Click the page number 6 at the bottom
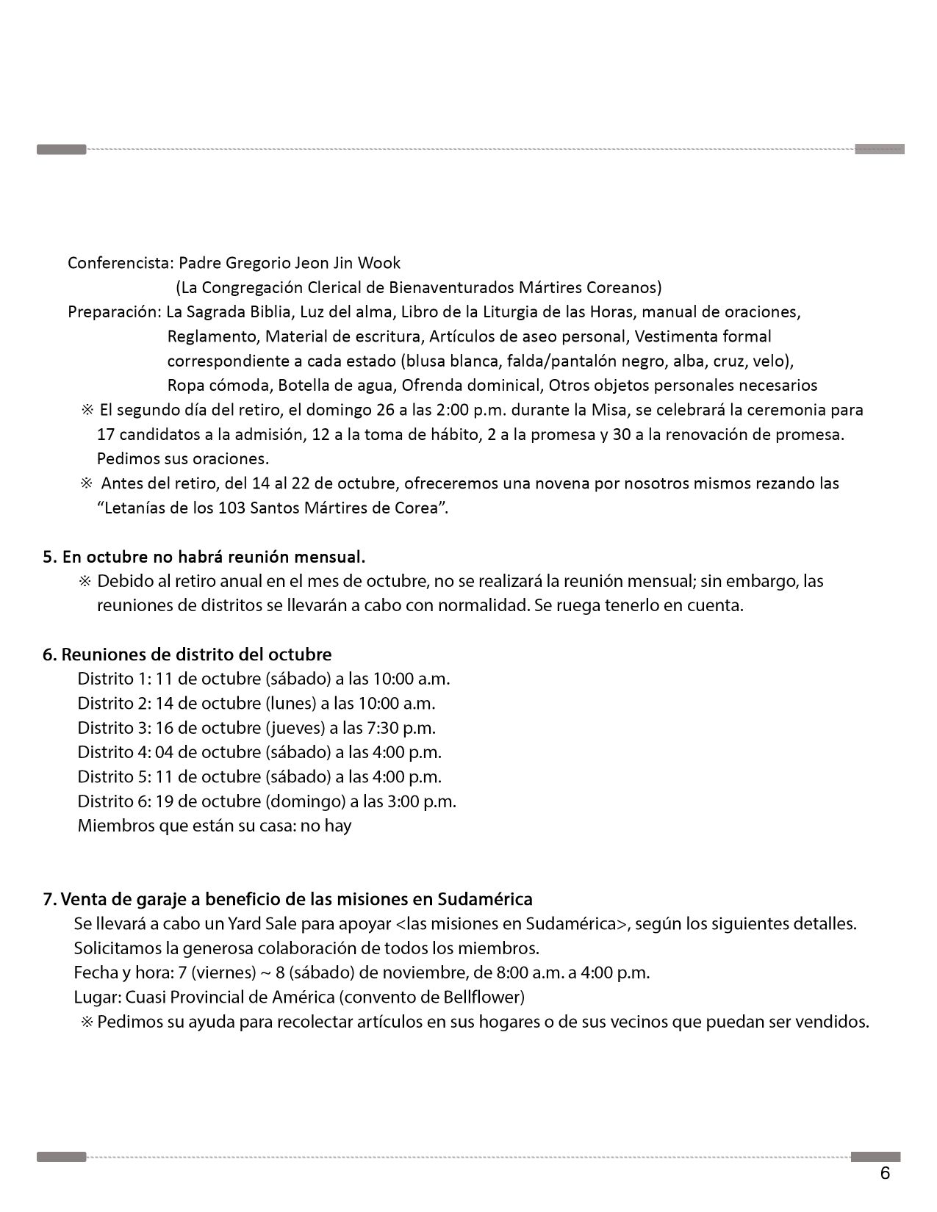point(885,1174)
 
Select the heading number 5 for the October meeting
point(49,556)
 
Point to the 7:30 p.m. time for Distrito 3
point(402,728)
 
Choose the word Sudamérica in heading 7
point(484,899)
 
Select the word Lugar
point(97,998)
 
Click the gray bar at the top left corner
point(62,150)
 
